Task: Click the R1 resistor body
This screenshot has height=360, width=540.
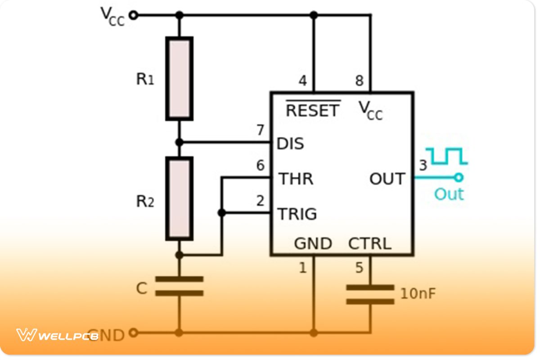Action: [x=180, y=79]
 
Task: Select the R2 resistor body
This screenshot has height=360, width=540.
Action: [x=180, y=198]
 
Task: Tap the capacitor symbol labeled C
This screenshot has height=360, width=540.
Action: [x=179, y=286]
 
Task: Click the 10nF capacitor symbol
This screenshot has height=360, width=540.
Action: [x=370, y=294]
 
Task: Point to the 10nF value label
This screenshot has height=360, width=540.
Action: [x=418, y=294]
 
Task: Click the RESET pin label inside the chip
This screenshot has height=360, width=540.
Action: [x=313, y=110]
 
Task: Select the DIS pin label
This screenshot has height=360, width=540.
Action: [x=290, y=144]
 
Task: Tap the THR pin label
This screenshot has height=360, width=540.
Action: [x=296, y=179]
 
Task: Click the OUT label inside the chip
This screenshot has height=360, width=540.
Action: [x=387, y=179]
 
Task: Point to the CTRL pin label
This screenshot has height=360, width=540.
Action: [x=369, y=244]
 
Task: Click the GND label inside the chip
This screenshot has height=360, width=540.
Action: [x=313, y=244]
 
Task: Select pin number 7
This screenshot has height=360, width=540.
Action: [x=260, y=130]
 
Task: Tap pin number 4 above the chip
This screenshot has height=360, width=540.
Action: [x=303, y=81]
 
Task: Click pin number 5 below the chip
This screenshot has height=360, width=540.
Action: [x=359, y=268]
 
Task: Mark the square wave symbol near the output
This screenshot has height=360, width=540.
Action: [x=447, y=156]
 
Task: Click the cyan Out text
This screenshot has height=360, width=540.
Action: [x=449, y=194]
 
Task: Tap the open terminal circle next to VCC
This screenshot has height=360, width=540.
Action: [x=133, y=15]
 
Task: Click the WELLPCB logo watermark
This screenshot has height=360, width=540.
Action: [x=57, y=335]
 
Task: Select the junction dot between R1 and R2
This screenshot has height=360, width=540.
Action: [x=180, y=142]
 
